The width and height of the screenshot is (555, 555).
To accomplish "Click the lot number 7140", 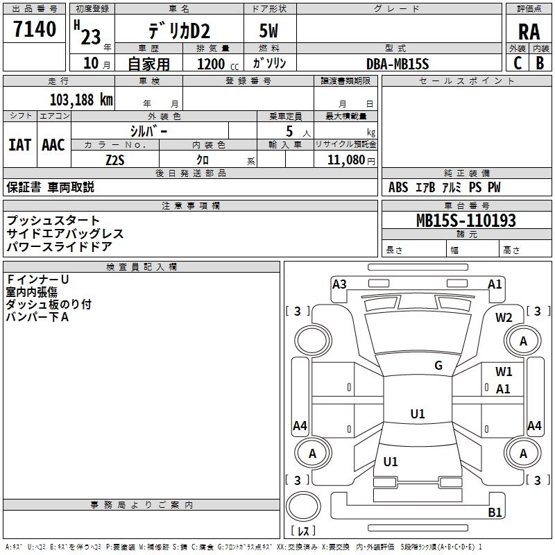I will (34, 29).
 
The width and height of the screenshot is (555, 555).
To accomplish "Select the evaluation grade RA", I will (529, 31).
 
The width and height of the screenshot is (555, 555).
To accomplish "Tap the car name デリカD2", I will (178, 31).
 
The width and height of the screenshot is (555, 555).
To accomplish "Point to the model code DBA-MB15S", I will (398, 64).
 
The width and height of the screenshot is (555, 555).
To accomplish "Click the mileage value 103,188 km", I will (81, 99).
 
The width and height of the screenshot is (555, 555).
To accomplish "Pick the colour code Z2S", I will (115, 160).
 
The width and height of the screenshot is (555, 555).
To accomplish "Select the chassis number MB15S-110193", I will (466, 221).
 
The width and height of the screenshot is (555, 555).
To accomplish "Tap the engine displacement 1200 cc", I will (214, 64).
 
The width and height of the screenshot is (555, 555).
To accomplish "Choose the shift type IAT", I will (19, 145).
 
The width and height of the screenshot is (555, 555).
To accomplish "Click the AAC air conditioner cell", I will (53, 145).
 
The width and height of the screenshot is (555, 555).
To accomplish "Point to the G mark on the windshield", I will (438, 366).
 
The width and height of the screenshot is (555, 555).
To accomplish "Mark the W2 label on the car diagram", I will (504, 318).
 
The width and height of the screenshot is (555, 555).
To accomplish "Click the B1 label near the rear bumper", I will (495, 513).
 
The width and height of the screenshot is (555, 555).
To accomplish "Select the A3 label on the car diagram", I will (339, 284).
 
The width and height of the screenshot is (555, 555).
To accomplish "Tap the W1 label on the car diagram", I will (504, 372).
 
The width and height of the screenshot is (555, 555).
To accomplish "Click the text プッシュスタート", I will (53, 221).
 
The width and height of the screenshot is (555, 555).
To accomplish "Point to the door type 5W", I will (270, 31).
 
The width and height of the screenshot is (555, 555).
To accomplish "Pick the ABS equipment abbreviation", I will (398, 187).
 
